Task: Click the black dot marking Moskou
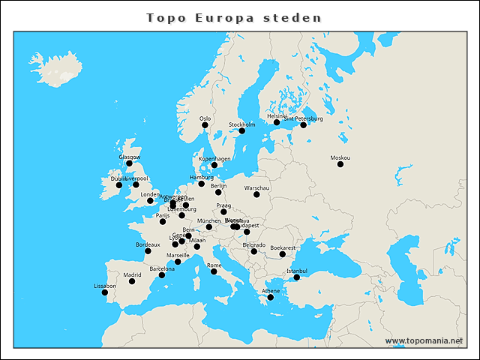[x=340, y=164]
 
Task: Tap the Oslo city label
[x=205, y=118]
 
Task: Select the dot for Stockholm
[x=242, y=131]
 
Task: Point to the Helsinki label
[x=277, y=116]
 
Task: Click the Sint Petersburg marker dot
[x=304, y=125]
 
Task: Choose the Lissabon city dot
[x=105, y=292]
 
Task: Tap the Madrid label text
[x=132, y=274]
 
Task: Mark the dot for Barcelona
[x=162, y=275]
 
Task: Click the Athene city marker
[x=271, y=298]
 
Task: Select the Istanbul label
[x=297, y=270]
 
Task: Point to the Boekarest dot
[x=283, y=254]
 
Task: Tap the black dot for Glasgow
[x=129, y=163]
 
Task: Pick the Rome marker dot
[x=214, y=271]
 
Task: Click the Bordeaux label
[x=148, y=244]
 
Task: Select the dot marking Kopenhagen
[x=214, y=165]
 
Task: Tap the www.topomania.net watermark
[x=424, y=340]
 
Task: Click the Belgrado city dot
[x=254, y=251]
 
